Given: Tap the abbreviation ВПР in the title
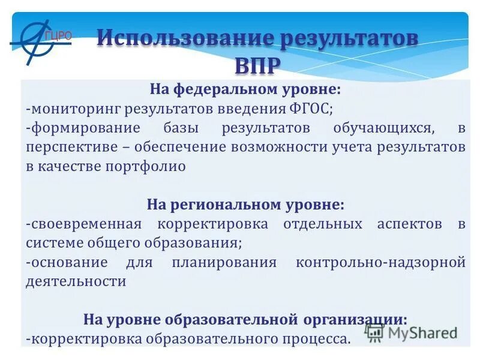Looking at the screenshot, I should click(257, 65).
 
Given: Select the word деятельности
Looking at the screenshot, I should click(76, 281).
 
